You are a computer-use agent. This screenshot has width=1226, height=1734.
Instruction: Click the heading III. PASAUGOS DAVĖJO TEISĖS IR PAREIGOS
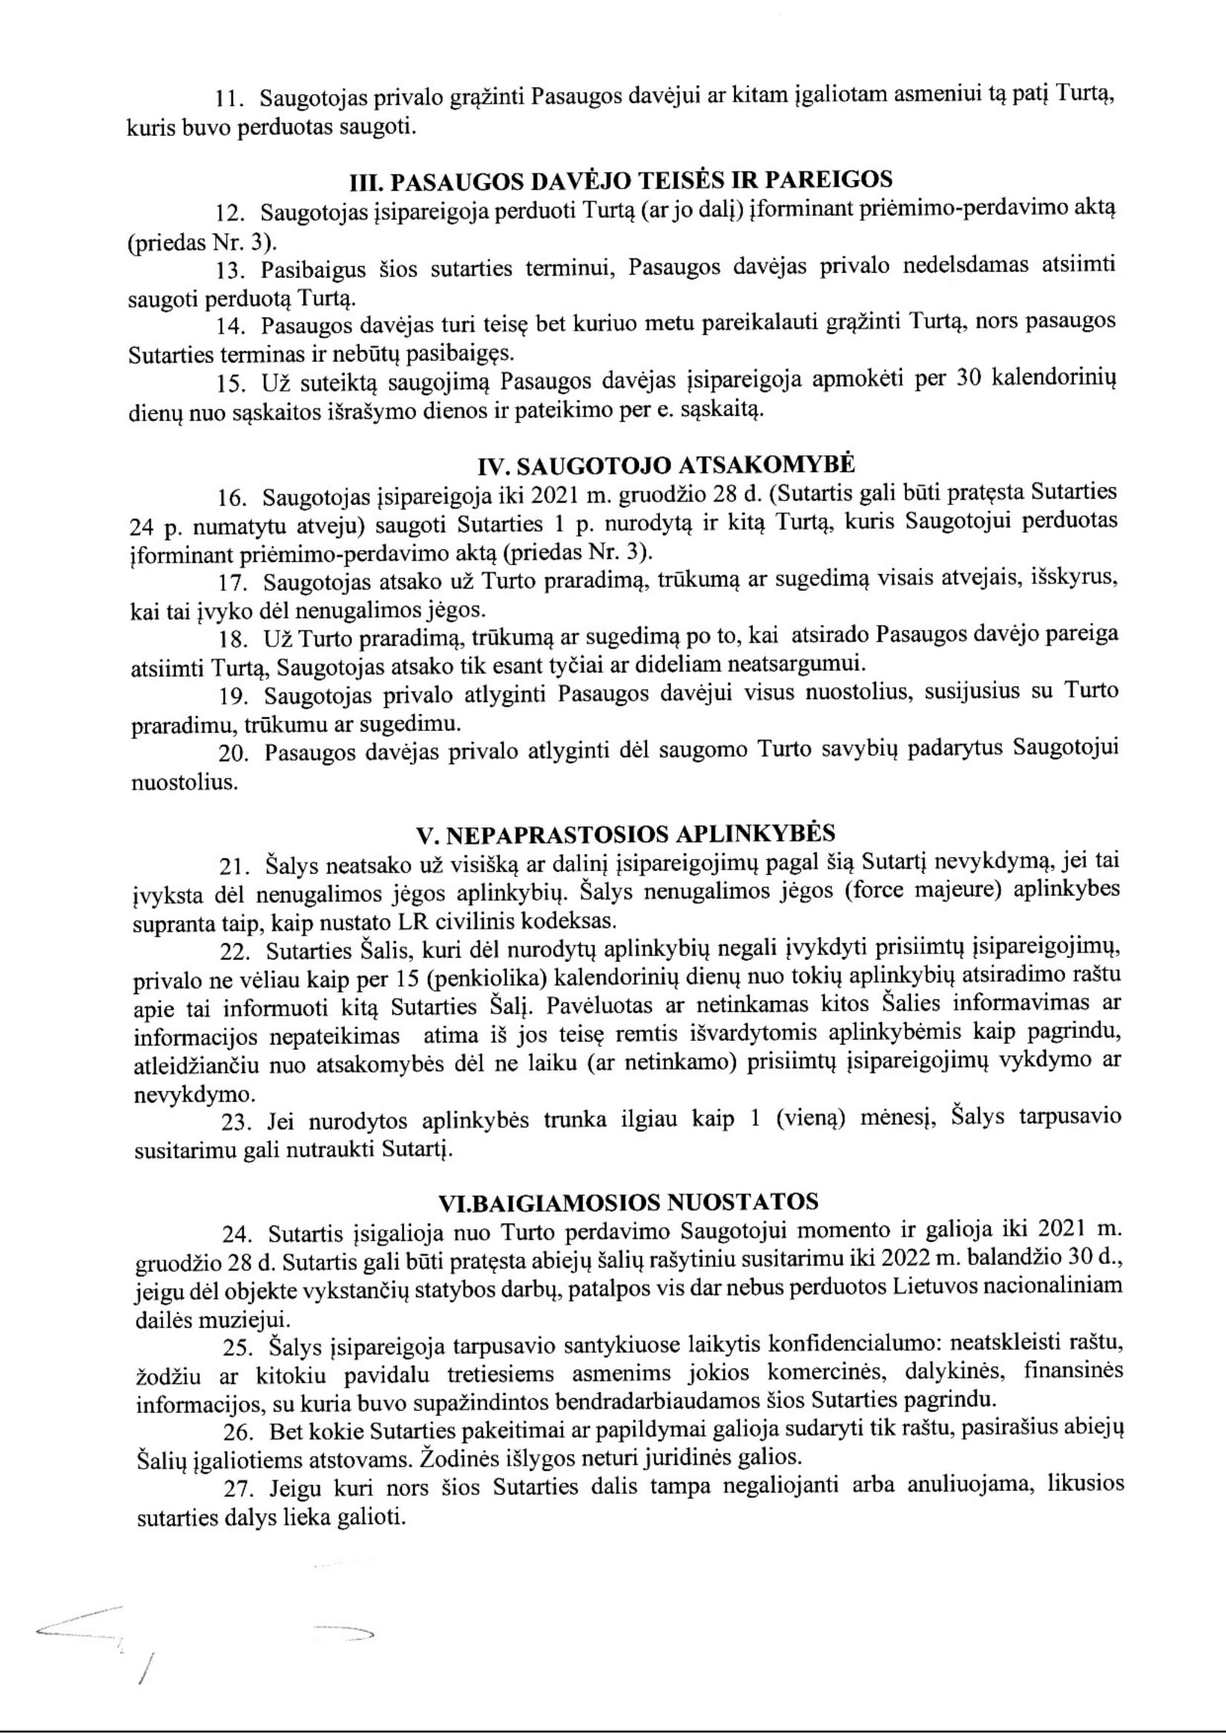pyautogui.click(x=621, y=180)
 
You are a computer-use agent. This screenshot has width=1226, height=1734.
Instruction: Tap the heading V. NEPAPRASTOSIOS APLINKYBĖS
pyautogui.click(x=625, y=834)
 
